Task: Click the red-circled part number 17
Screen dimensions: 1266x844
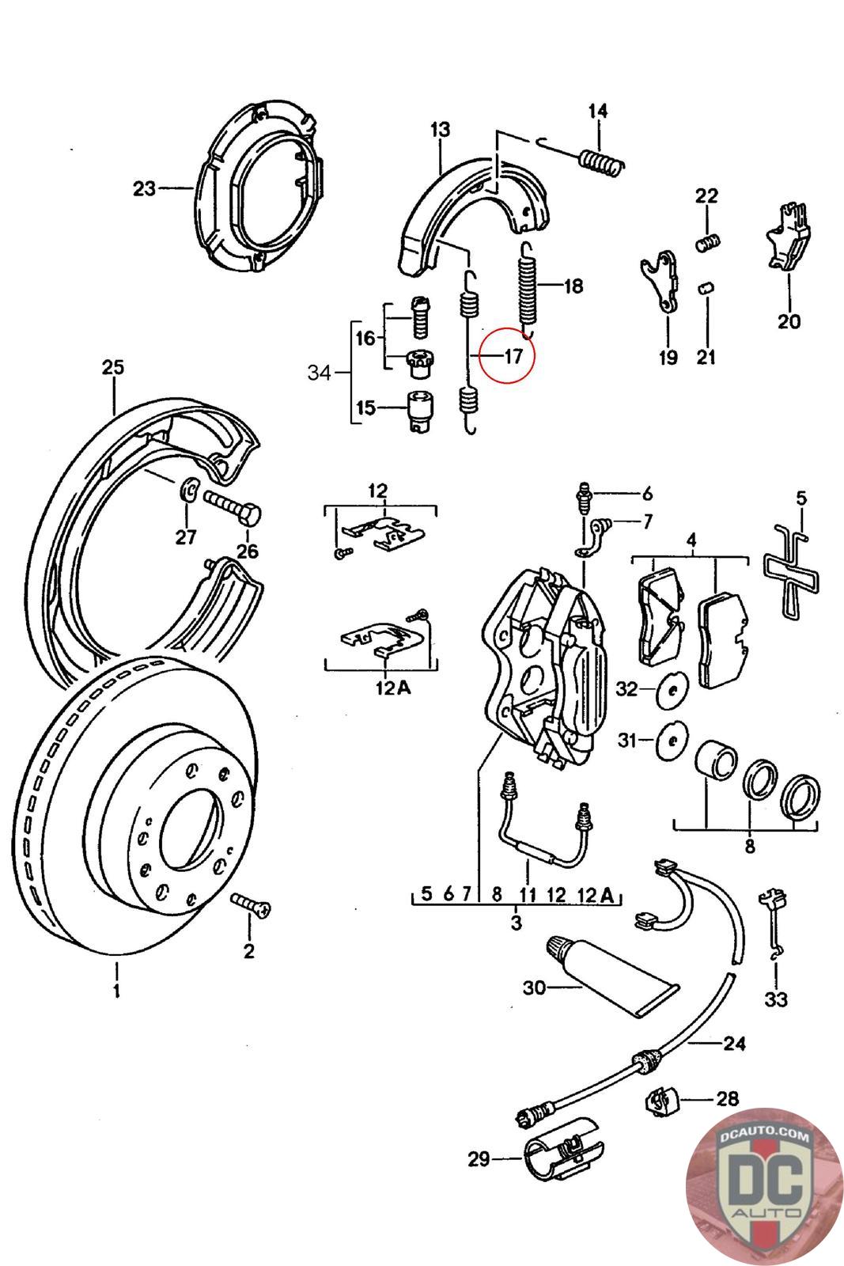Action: click(x=513, y=356)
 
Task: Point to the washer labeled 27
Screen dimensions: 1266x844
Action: click(x=188, y=491)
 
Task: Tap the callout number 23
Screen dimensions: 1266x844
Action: click(x=145, y=189)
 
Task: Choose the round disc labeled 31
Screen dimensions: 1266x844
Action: click(x=672, y=741)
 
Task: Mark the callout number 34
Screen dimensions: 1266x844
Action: click(x=320, y=372)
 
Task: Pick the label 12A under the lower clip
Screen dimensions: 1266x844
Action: click(x=393, y=688)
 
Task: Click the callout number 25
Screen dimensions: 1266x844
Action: click(x=113, y=367)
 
